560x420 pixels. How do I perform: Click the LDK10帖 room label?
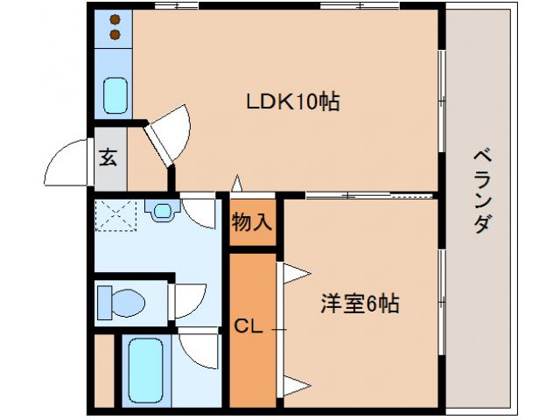pos(291,102)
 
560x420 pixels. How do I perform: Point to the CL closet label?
pos(248,327)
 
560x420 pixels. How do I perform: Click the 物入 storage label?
pos(251,222)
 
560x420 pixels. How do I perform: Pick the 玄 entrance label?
pos(108,158)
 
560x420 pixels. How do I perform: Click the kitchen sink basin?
pos(115,94)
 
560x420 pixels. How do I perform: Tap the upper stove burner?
pos(115,19)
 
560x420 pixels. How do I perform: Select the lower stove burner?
pos(115,35)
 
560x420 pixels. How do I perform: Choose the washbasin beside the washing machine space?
pos(163,210)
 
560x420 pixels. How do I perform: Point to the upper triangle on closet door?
pos(293,273)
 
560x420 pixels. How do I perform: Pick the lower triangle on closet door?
pos(294,382)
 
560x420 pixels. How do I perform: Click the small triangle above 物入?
pos(236,184)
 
